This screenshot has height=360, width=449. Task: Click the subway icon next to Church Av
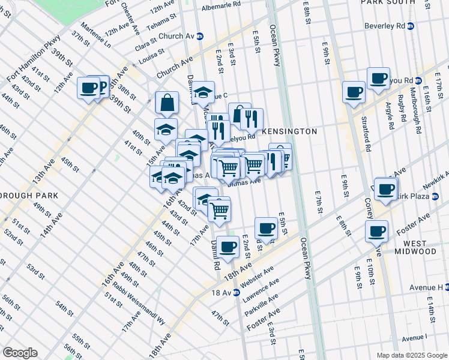[x=200, y=36]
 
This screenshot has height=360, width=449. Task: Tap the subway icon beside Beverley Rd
[x=411, y=26]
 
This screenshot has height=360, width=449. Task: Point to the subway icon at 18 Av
[x=237, y=292]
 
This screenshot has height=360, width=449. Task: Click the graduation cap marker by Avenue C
[x=203, y=92]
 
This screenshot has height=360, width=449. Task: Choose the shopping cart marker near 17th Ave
[x=219, y=209]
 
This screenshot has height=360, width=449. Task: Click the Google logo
[x=20, y=353]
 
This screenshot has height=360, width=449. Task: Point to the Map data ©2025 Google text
[x=411, y=355]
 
